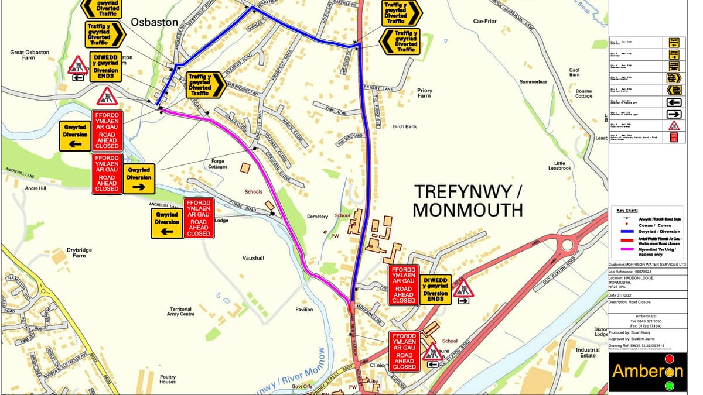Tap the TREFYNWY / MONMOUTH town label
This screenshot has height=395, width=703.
467,200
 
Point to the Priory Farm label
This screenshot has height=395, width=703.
425,94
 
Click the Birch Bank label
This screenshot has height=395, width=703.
405,126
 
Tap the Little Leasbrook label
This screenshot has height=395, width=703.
559,165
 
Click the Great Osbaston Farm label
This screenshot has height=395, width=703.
29,55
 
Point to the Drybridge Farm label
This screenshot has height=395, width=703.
80,253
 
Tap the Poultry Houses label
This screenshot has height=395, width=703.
167,379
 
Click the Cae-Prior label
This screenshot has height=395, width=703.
484,22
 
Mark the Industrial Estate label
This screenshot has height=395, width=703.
588,352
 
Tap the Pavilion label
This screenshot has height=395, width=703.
303,310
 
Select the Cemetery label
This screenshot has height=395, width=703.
318,217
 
